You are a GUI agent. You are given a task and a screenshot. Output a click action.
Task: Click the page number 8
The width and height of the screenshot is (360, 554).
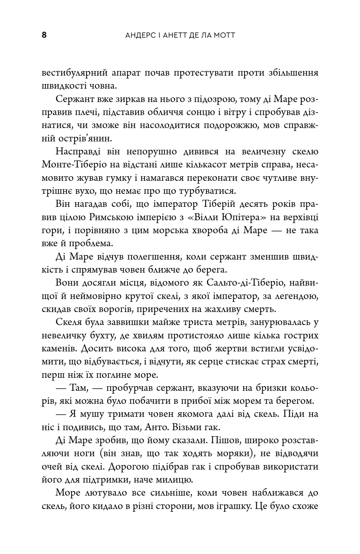pyautogui.click(x=44, y=35)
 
